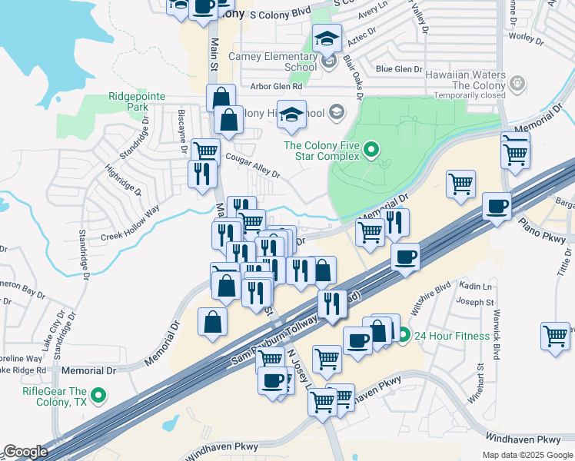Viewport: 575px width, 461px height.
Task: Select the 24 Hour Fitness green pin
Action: tap(404, 335)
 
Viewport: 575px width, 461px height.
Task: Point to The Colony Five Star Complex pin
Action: tap(371, 150)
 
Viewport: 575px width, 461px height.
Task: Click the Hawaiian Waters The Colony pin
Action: tap(518, 82)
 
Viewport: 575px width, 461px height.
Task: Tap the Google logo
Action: tap(25, 452)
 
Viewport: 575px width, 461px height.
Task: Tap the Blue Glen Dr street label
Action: tap(399, 69)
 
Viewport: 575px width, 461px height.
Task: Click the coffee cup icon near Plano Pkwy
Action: tap(497, 207)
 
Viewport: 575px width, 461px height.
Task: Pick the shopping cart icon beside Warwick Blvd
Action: tap(555, 335)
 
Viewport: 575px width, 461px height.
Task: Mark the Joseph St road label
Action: tap(477, 303)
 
